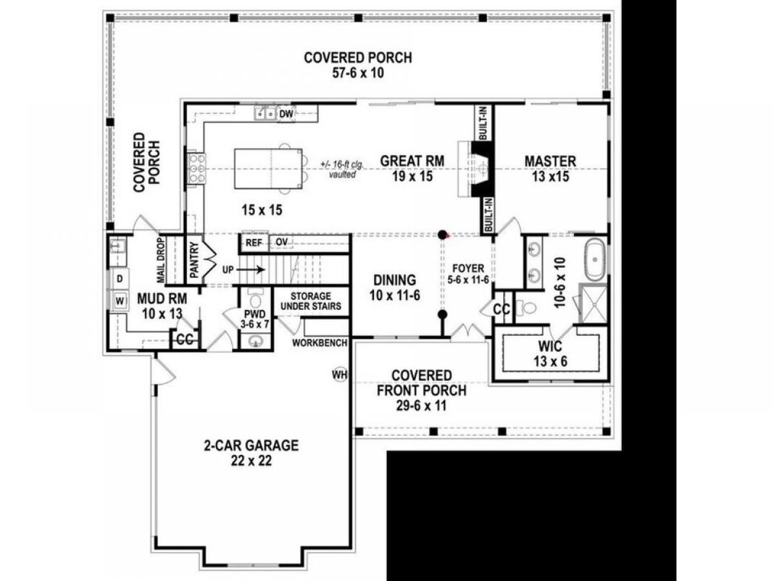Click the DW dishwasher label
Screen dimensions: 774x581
coord(286,114)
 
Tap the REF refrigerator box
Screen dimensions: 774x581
coord(254,243)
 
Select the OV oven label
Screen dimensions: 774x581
coord(281,242)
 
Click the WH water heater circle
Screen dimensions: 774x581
coord(340,374)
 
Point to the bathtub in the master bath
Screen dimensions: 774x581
coord(595,260)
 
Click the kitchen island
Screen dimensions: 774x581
coord(268,168)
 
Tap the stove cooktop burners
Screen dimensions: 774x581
coord(196,168)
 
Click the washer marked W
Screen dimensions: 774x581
coord(120,301)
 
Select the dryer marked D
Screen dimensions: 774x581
coord(120,279)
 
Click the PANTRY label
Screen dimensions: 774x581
coord(194,260)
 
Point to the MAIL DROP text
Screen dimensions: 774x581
coord(161,260)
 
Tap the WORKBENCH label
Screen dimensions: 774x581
coord(320,343)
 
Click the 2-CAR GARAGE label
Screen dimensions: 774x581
coord(251,445)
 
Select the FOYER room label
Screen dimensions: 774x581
coord(468,268)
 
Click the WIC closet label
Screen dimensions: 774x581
coord(550,346)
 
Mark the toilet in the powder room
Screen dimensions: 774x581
coord(255,299)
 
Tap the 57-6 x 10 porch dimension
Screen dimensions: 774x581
coord(358,73)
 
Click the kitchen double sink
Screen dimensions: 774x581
coord(265,114)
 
